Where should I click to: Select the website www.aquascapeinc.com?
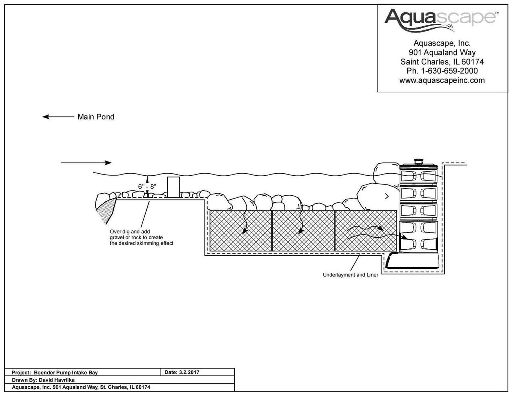(442, 80)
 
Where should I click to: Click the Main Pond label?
(96, 117)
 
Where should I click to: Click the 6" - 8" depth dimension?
(147, 187)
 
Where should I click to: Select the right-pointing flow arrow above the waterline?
(86, 163)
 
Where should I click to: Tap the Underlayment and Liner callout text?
(350, 275)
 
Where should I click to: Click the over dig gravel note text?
(142, 237)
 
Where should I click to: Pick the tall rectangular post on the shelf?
(173, 187)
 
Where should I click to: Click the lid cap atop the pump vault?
(419, 161)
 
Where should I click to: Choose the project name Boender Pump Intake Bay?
(66, 372)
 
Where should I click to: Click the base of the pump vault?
(412, 261)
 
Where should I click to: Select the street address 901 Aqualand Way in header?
(442, 52)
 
